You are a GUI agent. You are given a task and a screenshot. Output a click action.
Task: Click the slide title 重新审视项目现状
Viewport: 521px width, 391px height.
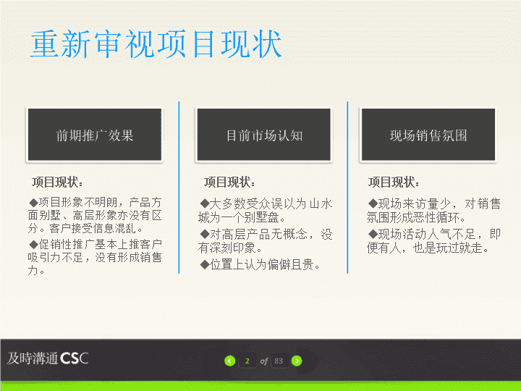[x=156, y=43]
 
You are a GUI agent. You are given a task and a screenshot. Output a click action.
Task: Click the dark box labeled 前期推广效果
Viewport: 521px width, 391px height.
[x=95, y=135]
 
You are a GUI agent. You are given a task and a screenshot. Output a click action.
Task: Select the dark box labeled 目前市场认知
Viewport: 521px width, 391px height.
[x=264, y=135]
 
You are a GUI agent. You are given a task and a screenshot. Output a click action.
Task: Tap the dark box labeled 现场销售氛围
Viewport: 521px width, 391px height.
[x=428, y=135]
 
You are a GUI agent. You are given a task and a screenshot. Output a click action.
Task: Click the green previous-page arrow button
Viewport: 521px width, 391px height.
[x=229, y=361]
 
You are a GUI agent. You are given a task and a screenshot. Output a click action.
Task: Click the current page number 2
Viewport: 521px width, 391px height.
[x=247, y=361]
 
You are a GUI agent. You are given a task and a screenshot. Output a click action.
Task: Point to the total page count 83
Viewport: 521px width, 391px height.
[x=279, y=361]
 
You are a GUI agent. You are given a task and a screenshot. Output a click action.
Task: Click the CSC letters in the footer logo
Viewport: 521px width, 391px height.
[x=74, y=358]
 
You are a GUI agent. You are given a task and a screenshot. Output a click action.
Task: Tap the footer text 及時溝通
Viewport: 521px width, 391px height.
[x=33, y=358]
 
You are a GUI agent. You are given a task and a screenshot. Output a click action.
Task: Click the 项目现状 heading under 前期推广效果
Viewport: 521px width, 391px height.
[x=57, y=182]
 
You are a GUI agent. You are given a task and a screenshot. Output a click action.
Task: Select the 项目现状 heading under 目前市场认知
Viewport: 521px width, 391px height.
[x=229, y=182]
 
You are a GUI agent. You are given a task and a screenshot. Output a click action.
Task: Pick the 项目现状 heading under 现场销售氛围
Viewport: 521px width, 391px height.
[x=394, y=182]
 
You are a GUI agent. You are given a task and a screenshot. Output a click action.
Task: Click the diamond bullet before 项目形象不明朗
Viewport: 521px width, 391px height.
[x=33, y=203]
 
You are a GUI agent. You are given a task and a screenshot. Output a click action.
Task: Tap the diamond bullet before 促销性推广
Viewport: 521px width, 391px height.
[x=33, y=245]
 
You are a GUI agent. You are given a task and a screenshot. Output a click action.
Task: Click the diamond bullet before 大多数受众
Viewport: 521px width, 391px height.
[x=205, y=203]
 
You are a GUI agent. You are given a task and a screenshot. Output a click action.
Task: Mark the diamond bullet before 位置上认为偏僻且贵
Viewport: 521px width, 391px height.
[x=205, y=265]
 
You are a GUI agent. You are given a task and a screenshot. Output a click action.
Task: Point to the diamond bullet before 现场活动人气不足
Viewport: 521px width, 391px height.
[x=373, y=234]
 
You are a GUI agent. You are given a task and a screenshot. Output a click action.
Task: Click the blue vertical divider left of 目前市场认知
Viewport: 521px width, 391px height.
[x=179, y=188]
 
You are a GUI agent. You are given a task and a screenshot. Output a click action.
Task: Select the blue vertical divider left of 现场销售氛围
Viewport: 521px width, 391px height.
[x=347, y=188]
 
